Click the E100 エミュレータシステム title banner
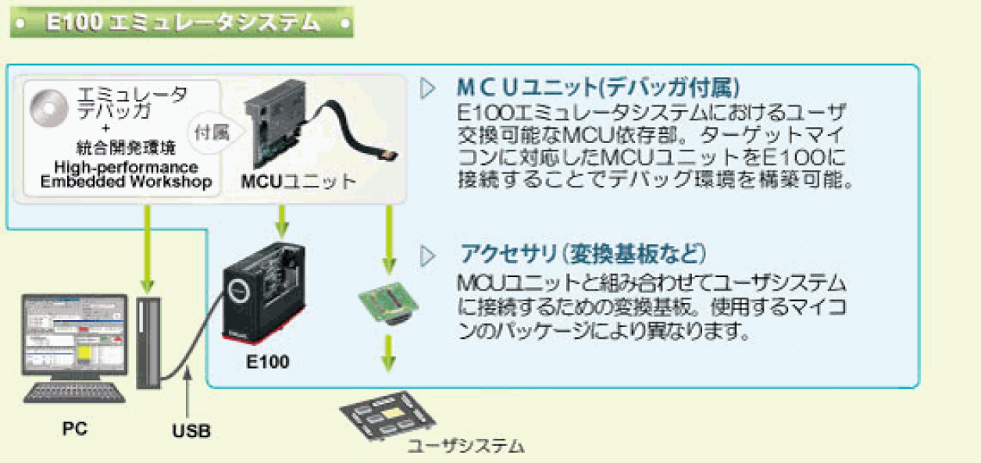click(x=181, y=23)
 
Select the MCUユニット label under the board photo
click(x=298, y=182)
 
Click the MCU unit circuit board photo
click(x=281, y=125)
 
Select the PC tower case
click(x=150, y=341)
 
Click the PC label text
click(x=75, y=428)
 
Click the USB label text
click(x=191, y=430)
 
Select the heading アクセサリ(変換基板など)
click(x=583, y=254)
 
